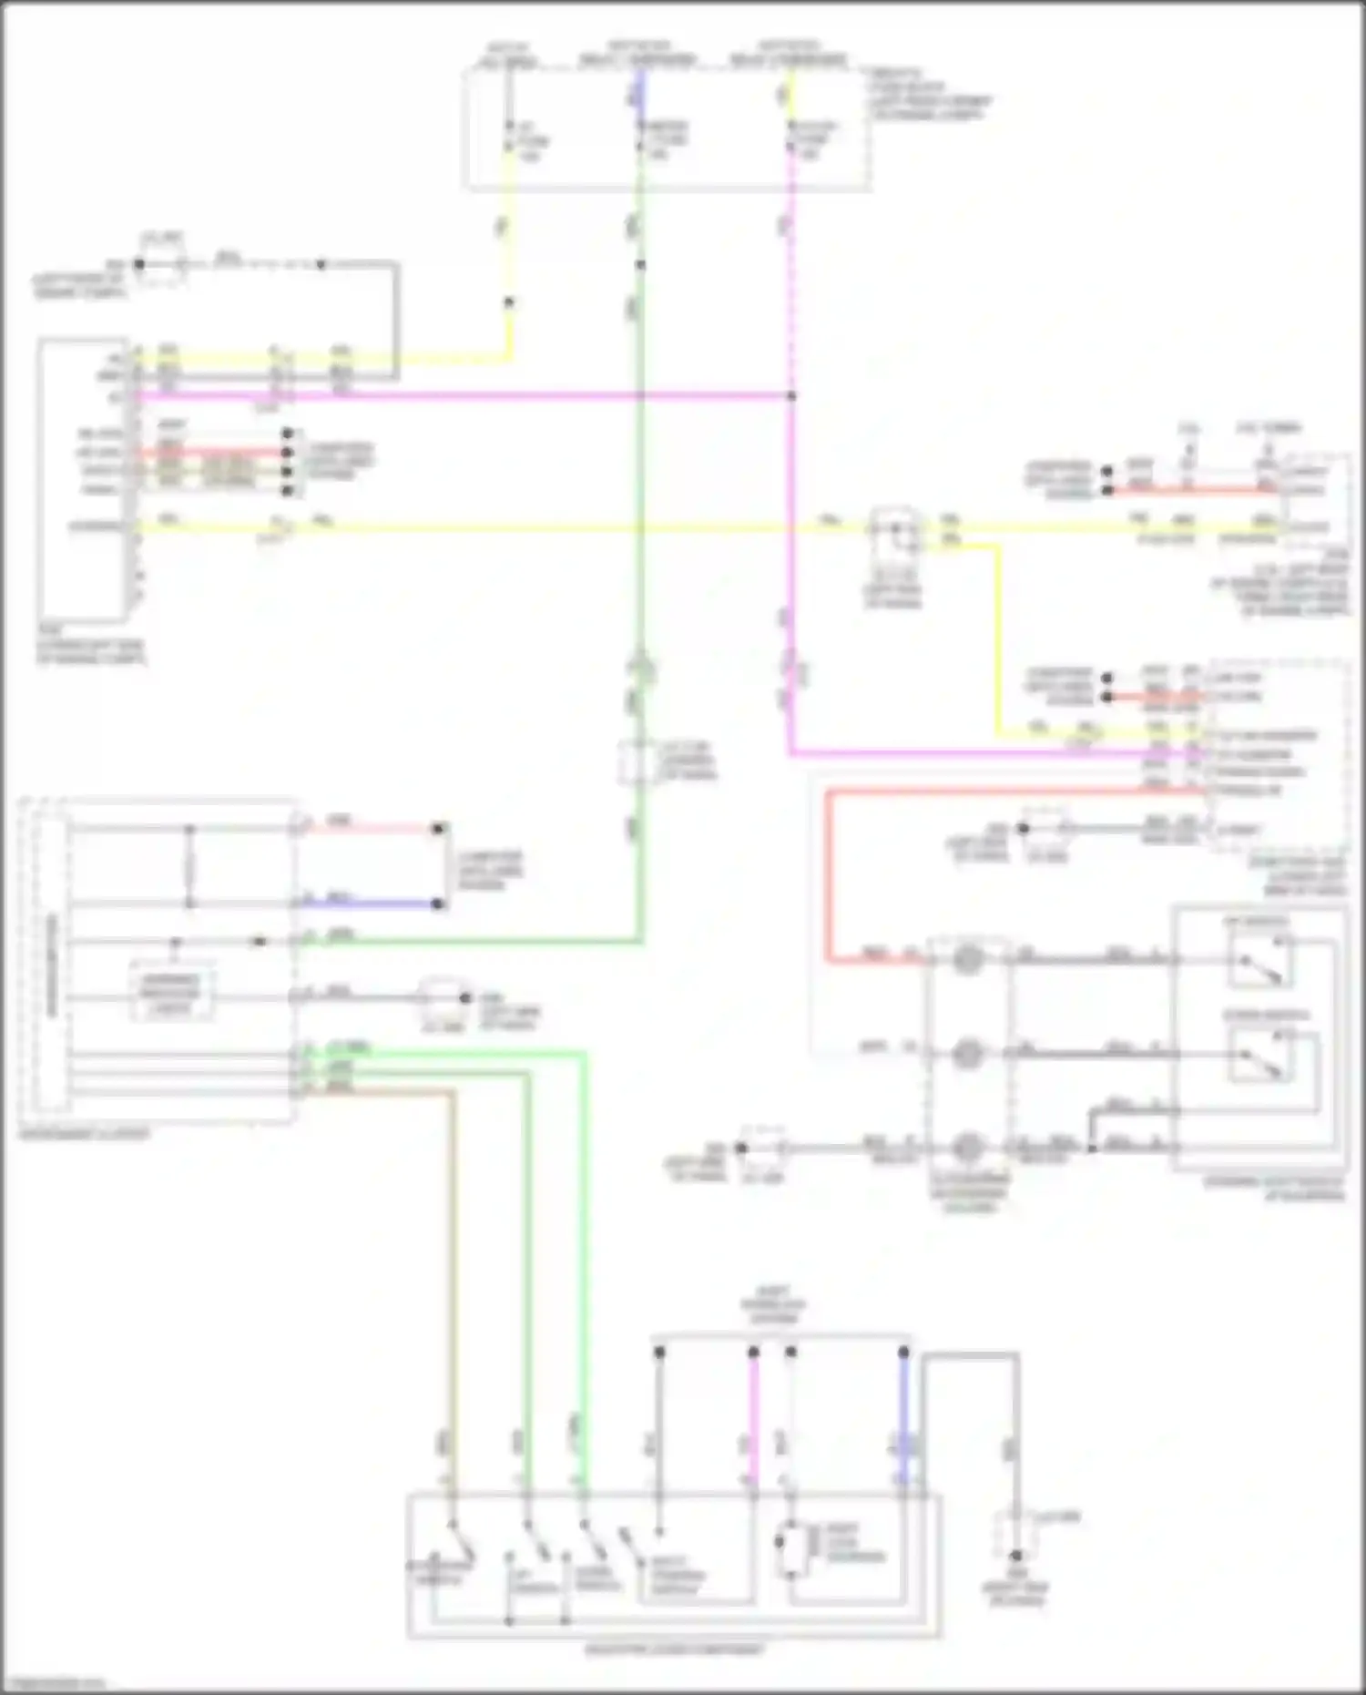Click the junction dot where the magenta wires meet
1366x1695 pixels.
click(790, 396)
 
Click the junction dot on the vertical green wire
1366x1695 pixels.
click(640, 265)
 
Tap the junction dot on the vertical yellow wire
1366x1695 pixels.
click(509, 302)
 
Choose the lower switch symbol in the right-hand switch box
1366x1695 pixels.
click(1259, 1057)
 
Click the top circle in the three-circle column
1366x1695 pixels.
click(967, 959)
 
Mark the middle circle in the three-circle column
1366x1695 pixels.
click(967, 1054)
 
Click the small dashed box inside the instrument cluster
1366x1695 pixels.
click(171, 991)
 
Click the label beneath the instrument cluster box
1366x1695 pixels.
click(84, 1135)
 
